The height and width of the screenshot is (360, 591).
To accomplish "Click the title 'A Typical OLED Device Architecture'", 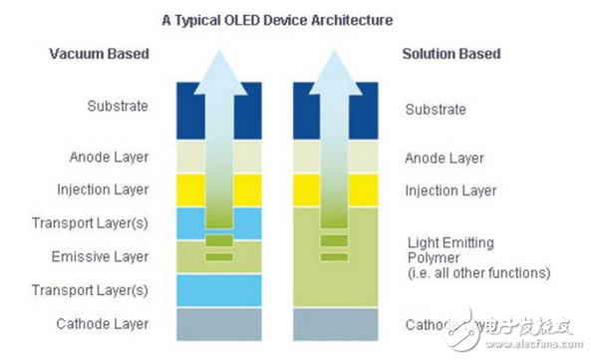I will click(278, 19).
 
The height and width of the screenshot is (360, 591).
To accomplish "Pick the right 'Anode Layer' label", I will click(444, 159).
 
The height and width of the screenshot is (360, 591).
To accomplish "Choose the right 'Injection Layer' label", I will click(449, 190).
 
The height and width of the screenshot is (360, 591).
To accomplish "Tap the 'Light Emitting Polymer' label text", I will click(451, 250).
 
